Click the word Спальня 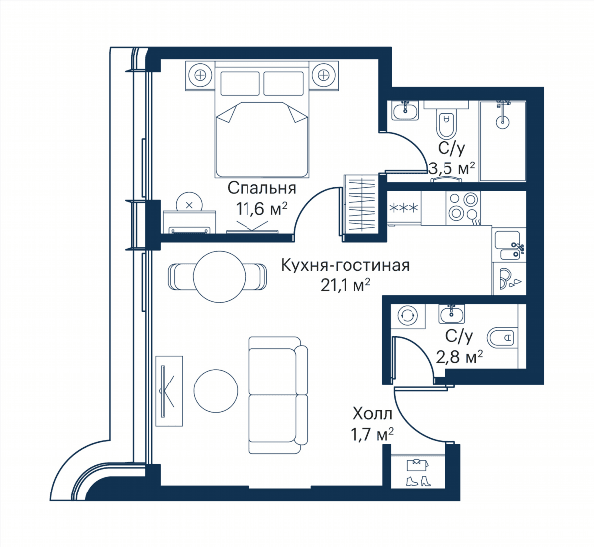261,188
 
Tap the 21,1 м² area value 346,285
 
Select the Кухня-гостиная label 346,266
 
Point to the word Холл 372,414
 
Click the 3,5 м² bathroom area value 452,167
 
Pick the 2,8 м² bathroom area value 459,357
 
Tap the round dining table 219,276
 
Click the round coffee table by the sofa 216,390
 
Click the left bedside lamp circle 200,75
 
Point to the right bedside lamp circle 323,75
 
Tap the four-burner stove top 464,207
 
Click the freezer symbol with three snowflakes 404,208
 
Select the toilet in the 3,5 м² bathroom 446,123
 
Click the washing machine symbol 408,316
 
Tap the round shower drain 503,121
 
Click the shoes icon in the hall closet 418,481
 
